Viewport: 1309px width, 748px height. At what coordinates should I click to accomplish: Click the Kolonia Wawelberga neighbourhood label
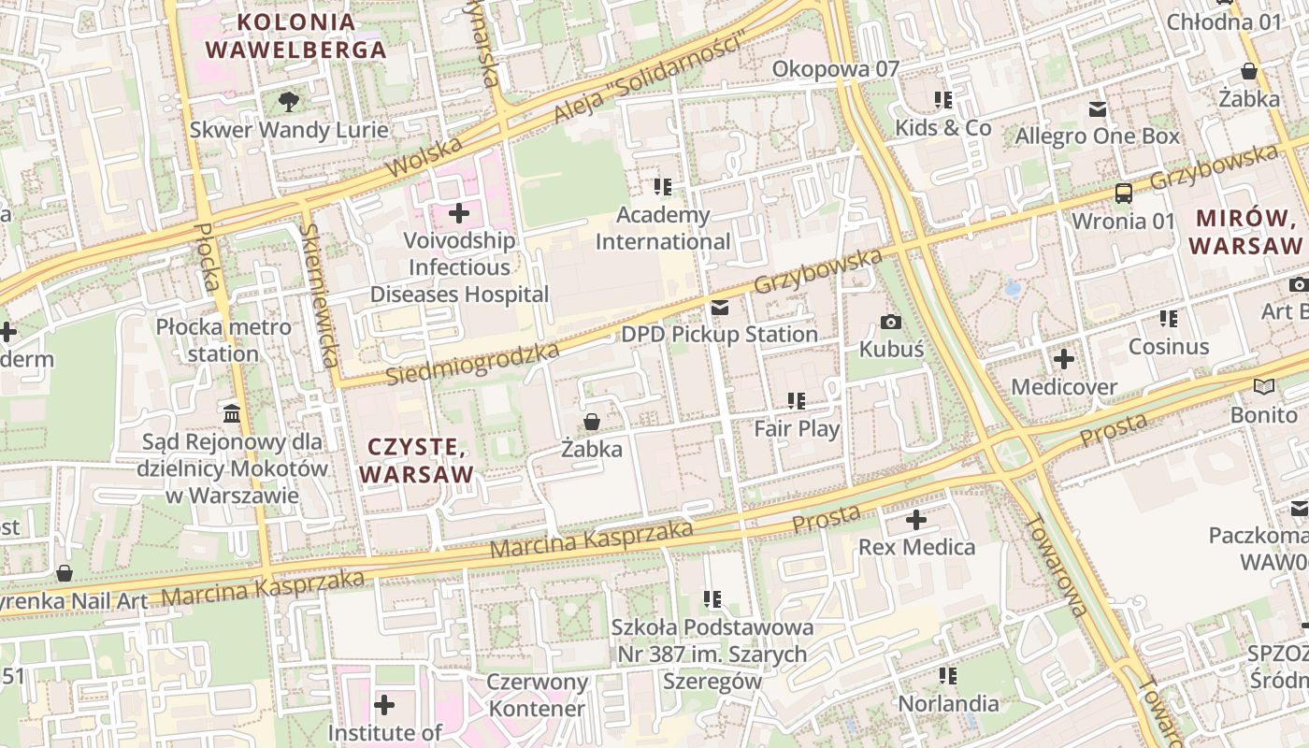(x=295, y=36)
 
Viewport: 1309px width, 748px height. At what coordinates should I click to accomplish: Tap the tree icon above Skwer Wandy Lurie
(x=289, y=101)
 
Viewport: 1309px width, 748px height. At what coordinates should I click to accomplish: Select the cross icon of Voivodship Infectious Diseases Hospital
(x=459, y=213)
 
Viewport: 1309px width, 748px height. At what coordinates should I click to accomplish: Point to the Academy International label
(x=663, y=228)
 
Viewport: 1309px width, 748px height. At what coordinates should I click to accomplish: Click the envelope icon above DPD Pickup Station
(x=719, y=308)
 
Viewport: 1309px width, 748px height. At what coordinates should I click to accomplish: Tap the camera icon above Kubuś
(x=891, y=323)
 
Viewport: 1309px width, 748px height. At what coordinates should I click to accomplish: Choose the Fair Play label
(x=797, y=429)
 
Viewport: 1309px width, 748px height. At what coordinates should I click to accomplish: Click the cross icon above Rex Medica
(x=916, y=520)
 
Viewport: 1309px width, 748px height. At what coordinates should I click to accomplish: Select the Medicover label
(x=1064, y=387)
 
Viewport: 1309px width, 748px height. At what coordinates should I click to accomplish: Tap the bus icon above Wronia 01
(x=1123, y=194)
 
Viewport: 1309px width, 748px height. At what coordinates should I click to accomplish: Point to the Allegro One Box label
(x=1098, y=137)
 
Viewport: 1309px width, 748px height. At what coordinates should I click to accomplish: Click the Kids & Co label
(x=942, y=127)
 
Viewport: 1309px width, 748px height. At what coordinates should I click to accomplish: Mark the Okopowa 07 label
(x=835, y=69)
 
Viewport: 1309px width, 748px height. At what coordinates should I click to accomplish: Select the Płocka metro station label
(x=223, y=340)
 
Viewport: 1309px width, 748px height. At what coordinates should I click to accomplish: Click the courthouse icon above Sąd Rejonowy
(x=232, y=412)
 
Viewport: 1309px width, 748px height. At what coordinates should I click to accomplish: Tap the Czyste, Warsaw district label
(x=416, y=461)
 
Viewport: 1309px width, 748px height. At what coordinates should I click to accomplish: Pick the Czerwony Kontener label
(x=537, y=695)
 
